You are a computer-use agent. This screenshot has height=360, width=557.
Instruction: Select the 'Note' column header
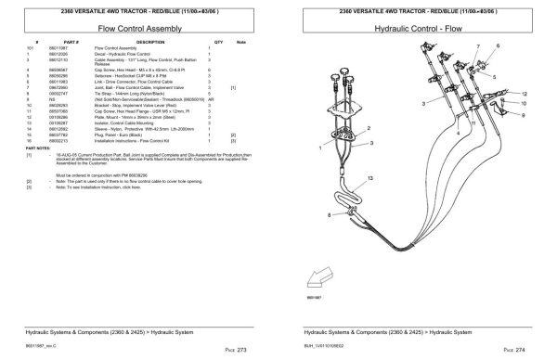point(241,43)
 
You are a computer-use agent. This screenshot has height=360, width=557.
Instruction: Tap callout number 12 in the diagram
point(525,94)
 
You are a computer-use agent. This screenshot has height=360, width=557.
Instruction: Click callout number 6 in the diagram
point(498,45)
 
